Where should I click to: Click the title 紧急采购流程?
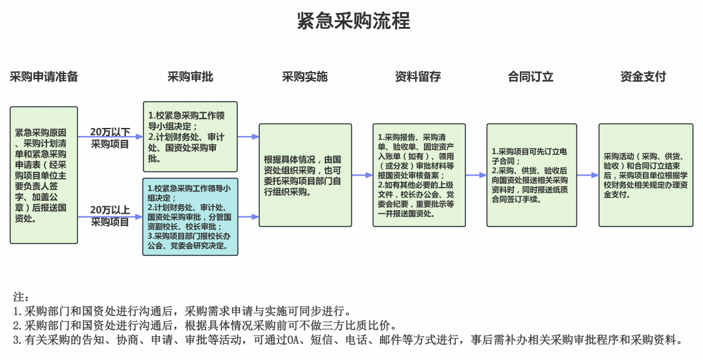(353, 21)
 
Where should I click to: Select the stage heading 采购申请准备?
(44, 77)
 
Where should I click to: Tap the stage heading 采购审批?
(190, 77)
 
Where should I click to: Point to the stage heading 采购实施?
(305, 77)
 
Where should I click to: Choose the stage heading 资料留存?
(418, 77)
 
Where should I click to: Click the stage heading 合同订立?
(531, 77)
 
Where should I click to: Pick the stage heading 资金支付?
(643, 77)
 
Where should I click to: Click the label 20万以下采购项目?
(110, 138)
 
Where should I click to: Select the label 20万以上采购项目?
(110, 216)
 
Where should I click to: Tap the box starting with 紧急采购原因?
(44, 175)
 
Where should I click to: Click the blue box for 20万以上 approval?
(190, 216)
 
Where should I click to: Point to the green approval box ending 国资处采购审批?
(190, 137)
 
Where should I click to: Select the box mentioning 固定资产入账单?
(419, 175)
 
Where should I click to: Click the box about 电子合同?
(531, 175)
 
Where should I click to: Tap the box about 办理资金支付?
(646, 175)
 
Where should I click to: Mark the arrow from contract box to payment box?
(588, 176)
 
